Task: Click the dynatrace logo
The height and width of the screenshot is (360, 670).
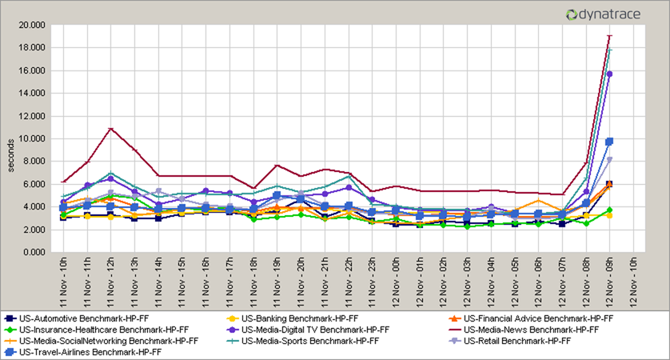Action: click(612, 14)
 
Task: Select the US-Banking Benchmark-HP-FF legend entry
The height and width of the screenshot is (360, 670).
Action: click(295, 318)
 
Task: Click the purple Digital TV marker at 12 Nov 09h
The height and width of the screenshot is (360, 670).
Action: click(609, 74)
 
